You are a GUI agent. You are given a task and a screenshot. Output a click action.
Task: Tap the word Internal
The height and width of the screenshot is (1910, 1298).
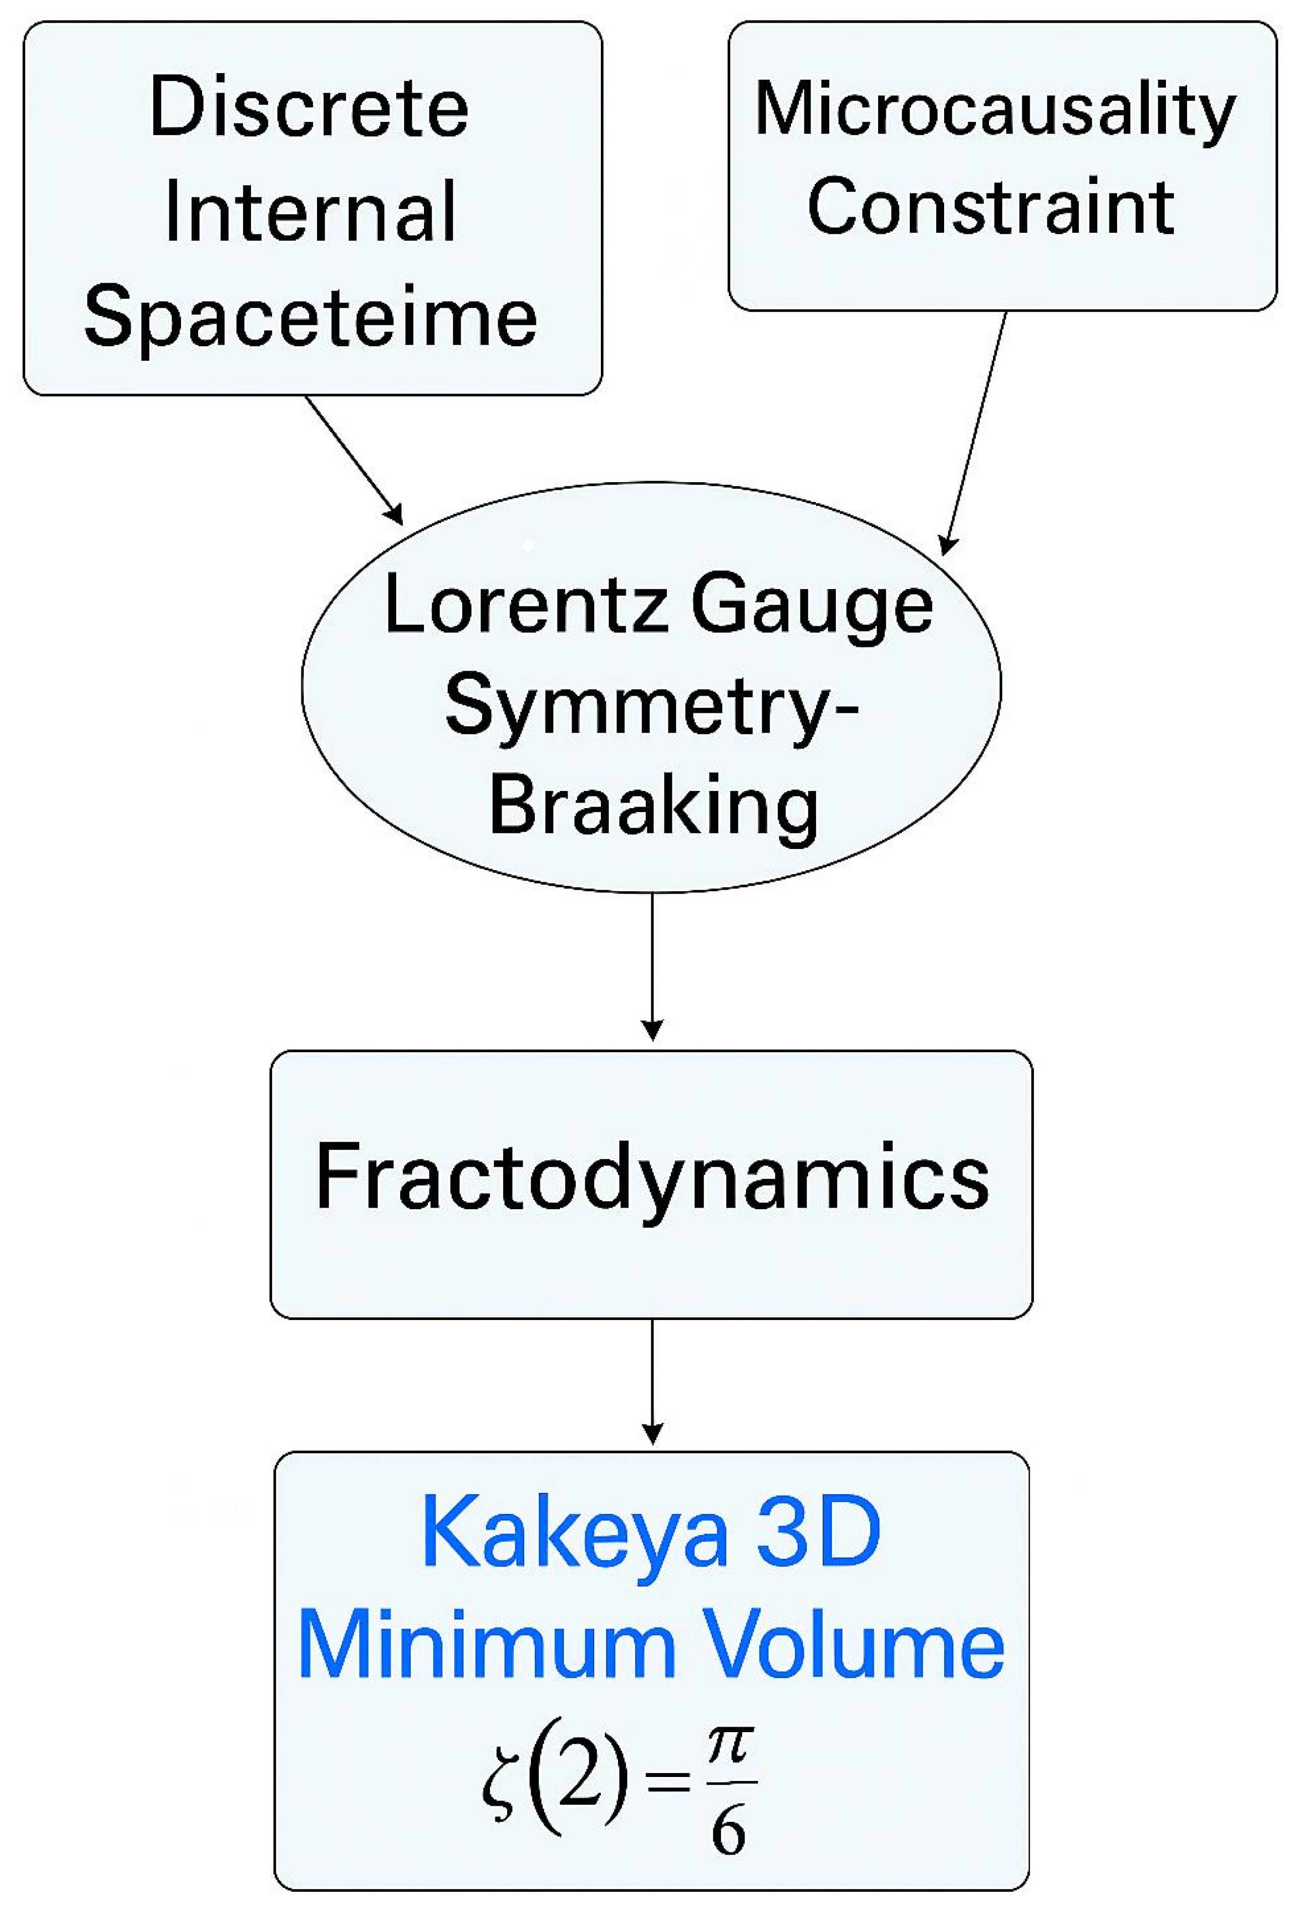point(310,212)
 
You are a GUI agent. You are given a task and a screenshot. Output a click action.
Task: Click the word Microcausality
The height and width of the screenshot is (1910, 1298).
point(995,110)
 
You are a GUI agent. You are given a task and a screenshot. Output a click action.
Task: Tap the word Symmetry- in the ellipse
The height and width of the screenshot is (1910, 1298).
point(651,708)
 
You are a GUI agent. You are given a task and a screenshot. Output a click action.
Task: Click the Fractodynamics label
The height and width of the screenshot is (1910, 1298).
point(652,1177)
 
